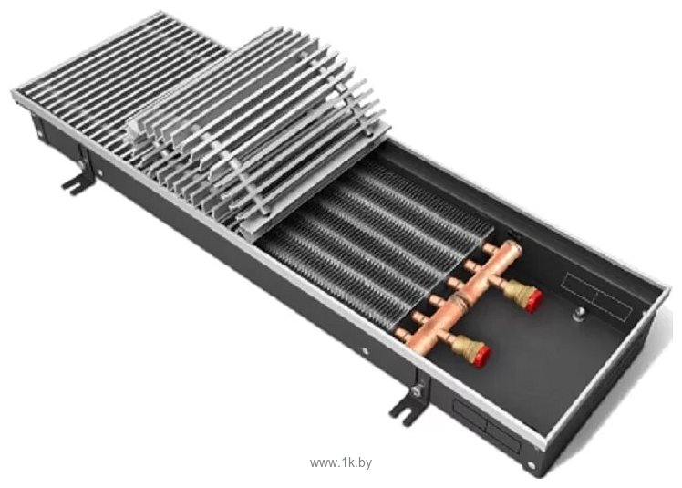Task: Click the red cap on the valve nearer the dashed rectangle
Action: [x=534, y=300]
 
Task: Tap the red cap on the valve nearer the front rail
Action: [x=482, y=355]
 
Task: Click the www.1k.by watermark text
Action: [x=341, y=462]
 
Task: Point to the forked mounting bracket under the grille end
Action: [x=78, y=182]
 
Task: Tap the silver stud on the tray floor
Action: [x=580, y=313]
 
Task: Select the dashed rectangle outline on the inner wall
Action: [x=596, y=296]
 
